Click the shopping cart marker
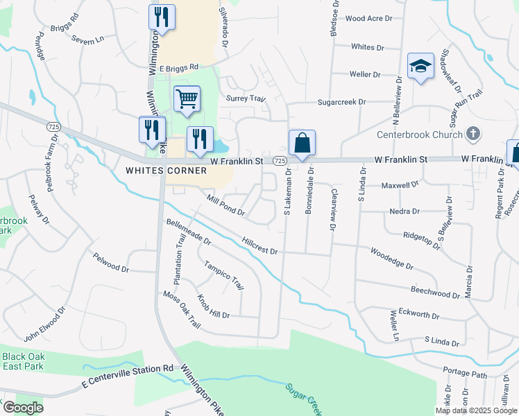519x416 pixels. tap(187, 99)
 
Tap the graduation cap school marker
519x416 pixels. tap(420, 67)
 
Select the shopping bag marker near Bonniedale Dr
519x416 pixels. tap(302, 144)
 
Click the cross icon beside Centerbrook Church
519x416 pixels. tap(472, 134)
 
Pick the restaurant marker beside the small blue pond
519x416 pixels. tap(200, 139)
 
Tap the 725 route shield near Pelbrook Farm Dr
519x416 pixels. tap(53, 127)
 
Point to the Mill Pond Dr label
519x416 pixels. tap(226, 205)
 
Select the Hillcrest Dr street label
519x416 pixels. tap(259, 246)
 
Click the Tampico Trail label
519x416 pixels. tap(223, 275)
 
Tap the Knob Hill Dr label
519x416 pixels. tap(212, 306)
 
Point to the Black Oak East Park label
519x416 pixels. tap(22, 361)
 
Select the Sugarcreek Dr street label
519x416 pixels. tap(341, 102)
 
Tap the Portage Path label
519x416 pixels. tap(466, 373)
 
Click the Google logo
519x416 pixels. tap(23, 408)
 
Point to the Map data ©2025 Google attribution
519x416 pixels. tap(476, 410)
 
